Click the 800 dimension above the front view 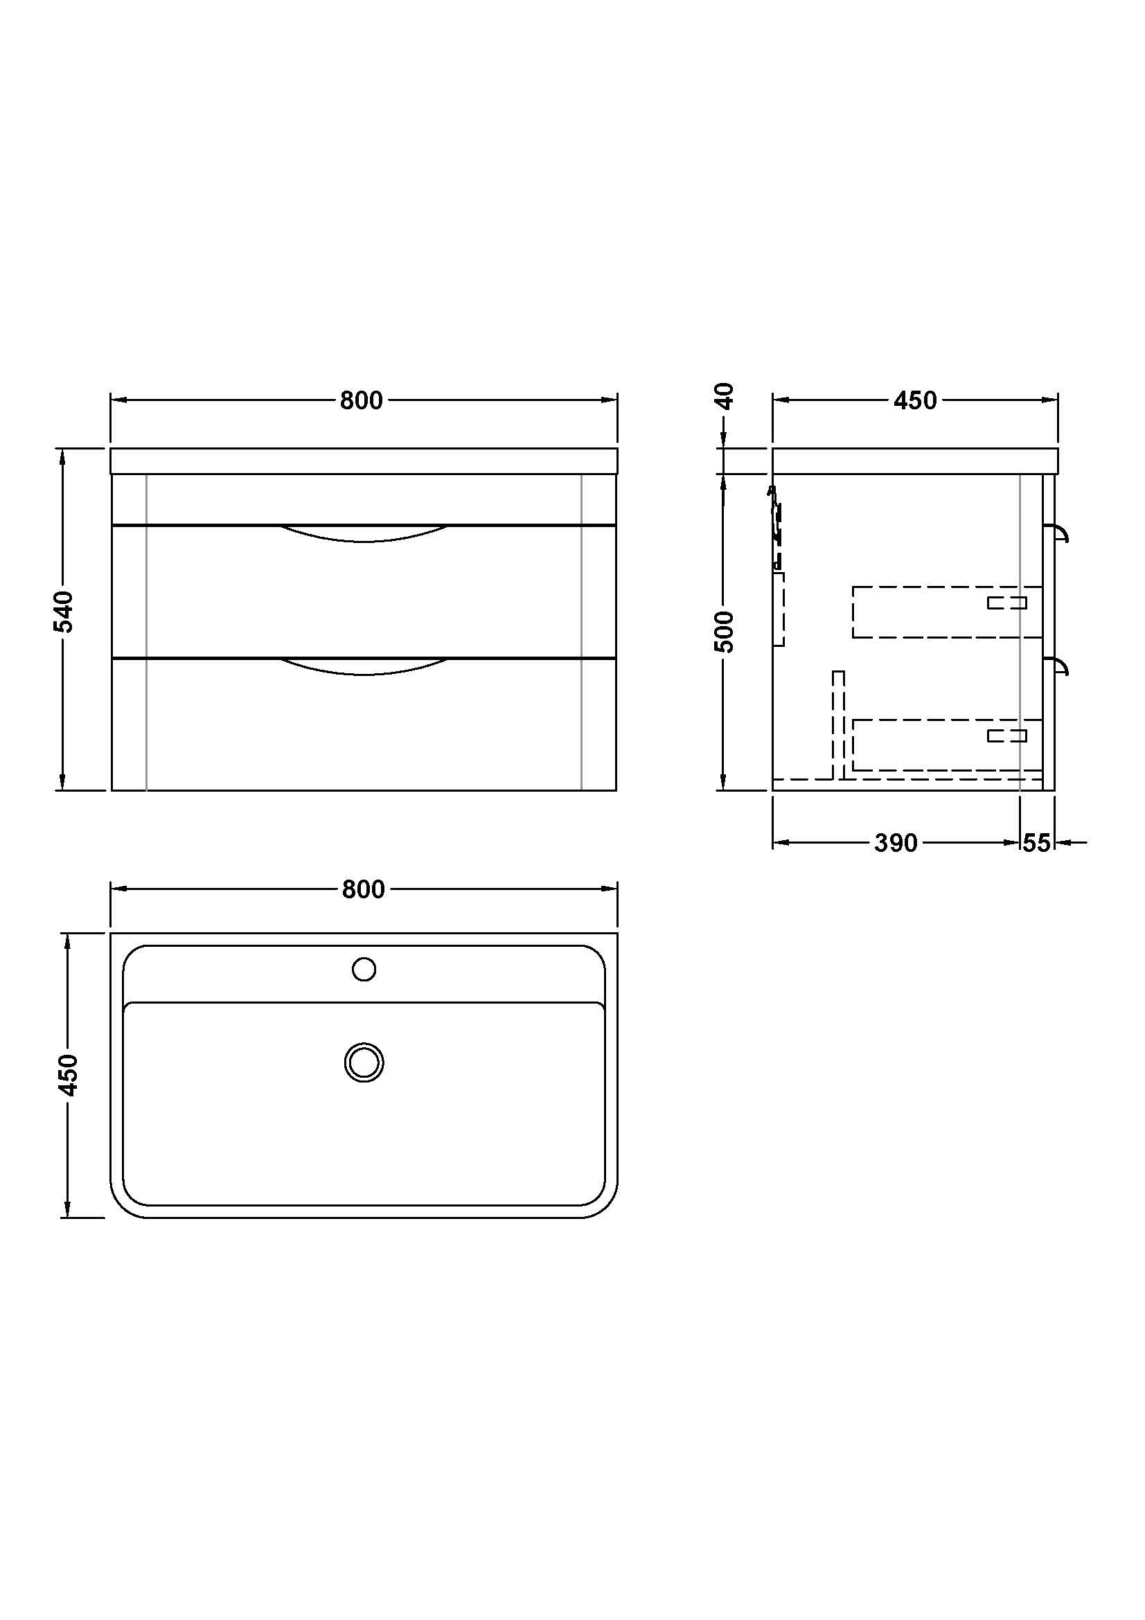(x=361, y=400)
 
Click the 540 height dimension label (x=64, y=612)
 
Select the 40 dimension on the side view (x=725, y=396)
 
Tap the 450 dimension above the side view (x=915, y=400)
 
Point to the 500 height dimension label (x=725, y=632)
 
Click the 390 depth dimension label (x=896, y=842)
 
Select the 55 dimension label (x=1036, y=842)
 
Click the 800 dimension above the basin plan (x=364, y=889)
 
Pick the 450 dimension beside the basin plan (x=69, y=1075)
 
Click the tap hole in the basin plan (x=364, y=970)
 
